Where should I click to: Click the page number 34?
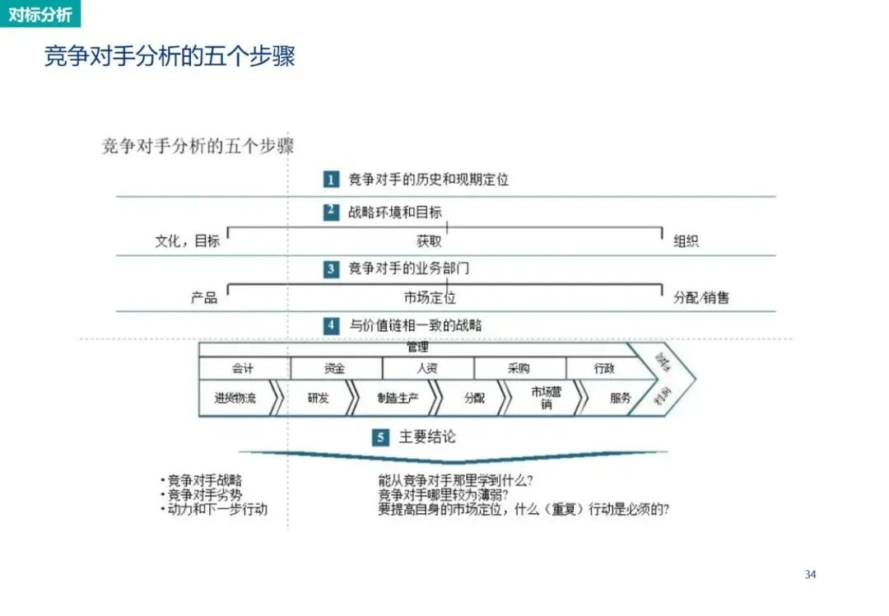click(810, 574)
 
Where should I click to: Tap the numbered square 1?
click(331, 179)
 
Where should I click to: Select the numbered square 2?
click(331, 212)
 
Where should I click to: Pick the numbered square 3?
click(331, 268)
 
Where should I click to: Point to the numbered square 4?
click(331, 325)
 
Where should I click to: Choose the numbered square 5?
click(379, 437)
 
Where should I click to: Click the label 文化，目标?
click(188, 241)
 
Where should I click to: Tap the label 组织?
click(686, 241)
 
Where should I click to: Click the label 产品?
click(204, 298)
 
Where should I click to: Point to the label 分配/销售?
click(701, 298)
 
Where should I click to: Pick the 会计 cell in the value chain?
click(244, 369)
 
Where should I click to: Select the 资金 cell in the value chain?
click(335, 369)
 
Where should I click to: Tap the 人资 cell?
click(427, 369)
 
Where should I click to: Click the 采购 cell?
click(519, 369)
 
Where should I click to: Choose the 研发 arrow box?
click(318, 399)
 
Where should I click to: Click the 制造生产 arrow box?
click(397, 399)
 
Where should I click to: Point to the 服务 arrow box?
click(621, 399)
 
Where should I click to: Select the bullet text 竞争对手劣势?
click(206, 495)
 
